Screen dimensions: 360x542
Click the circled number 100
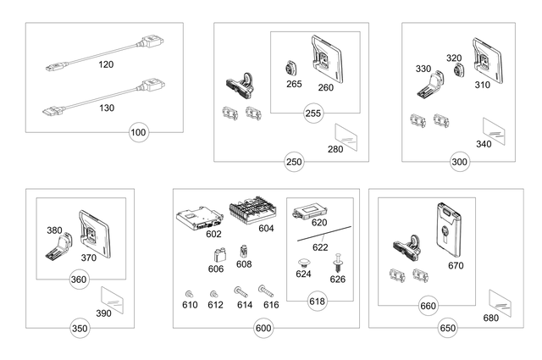[x=139, y=133]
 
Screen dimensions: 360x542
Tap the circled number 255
[x=314, y=114]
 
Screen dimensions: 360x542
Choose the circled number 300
[x=460, y=161]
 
